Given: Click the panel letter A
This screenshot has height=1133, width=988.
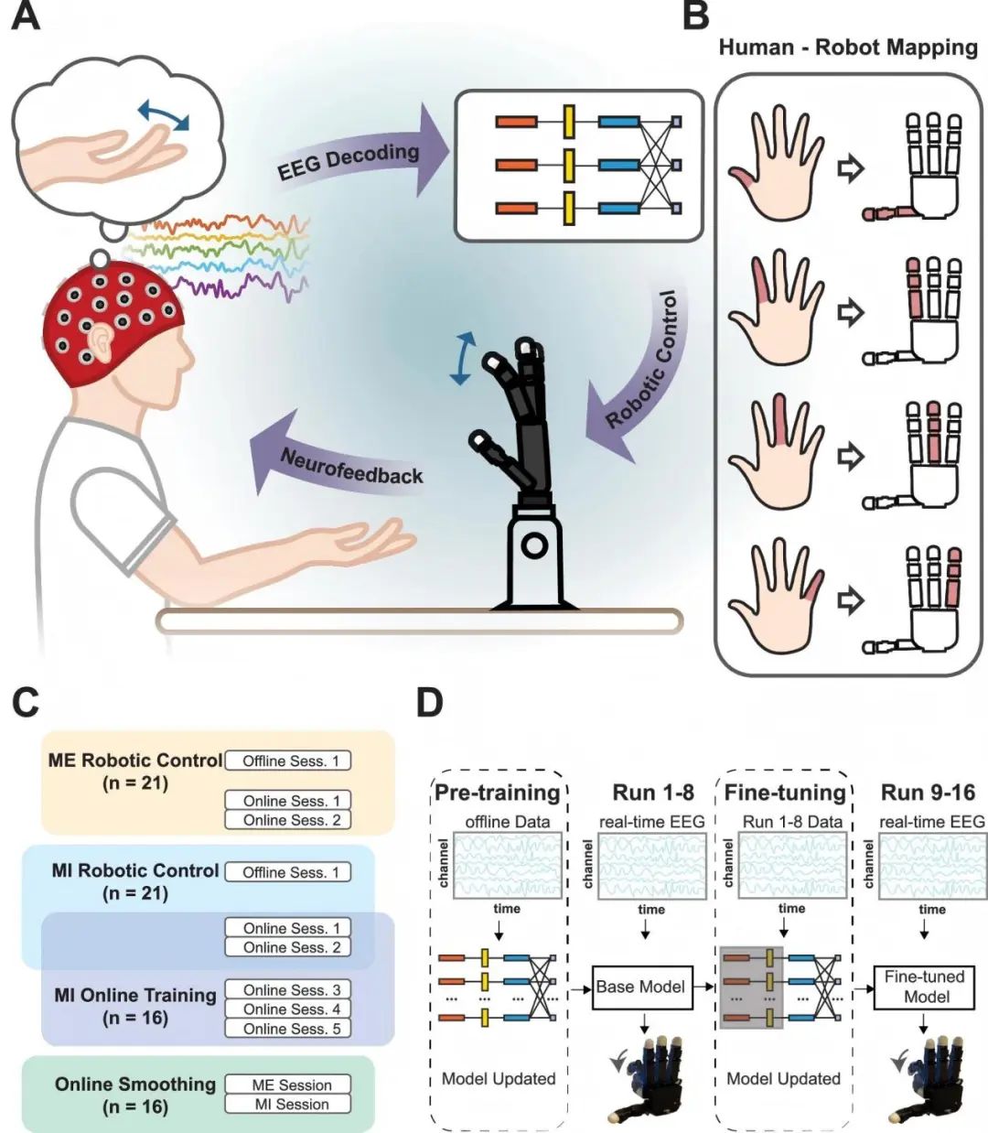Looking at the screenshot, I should click(x=26, y=16).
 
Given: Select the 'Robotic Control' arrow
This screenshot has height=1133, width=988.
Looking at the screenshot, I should click(x=640, y=366).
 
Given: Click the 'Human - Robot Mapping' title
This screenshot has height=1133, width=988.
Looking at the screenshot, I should click(x=848, y=48).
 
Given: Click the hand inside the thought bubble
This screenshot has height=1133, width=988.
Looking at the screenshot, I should click(x=110, y=156).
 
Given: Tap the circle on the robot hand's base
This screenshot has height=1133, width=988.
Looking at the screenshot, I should click(x=534, y=547).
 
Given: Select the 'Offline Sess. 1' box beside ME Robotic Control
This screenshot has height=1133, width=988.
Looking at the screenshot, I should click(x=288, y=761).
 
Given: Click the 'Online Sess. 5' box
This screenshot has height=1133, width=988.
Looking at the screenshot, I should click(x=288, y=1028).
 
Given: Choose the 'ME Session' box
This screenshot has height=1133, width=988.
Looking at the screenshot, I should click(x=288, y=1084).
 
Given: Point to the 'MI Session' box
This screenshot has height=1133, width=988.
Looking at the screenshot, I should click(x=288, y=1104).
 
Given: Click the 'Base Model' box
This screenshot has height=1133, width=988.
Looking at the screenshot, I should click(x=640, y=987).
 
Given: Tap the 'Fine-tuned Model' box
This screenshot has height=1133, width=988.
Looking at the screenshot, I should click(x=926, y=987).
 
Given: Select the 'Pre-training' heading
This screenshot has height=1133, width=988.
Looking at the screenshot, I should click(x=497, y=793).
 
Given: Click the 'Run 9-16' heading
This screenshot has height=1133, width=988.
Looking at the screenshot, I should click(x=928, y=793).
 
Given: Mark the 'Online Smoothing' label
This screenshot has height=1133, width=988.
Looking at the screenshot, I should click(x=135, y=1084).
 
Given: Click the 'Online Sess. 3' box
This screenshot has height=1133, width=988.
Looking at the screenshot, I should click(x=288, y=989).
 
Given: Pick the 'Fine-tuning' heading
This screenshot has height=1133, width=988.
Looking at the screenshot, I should click(x=784, y=793).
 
